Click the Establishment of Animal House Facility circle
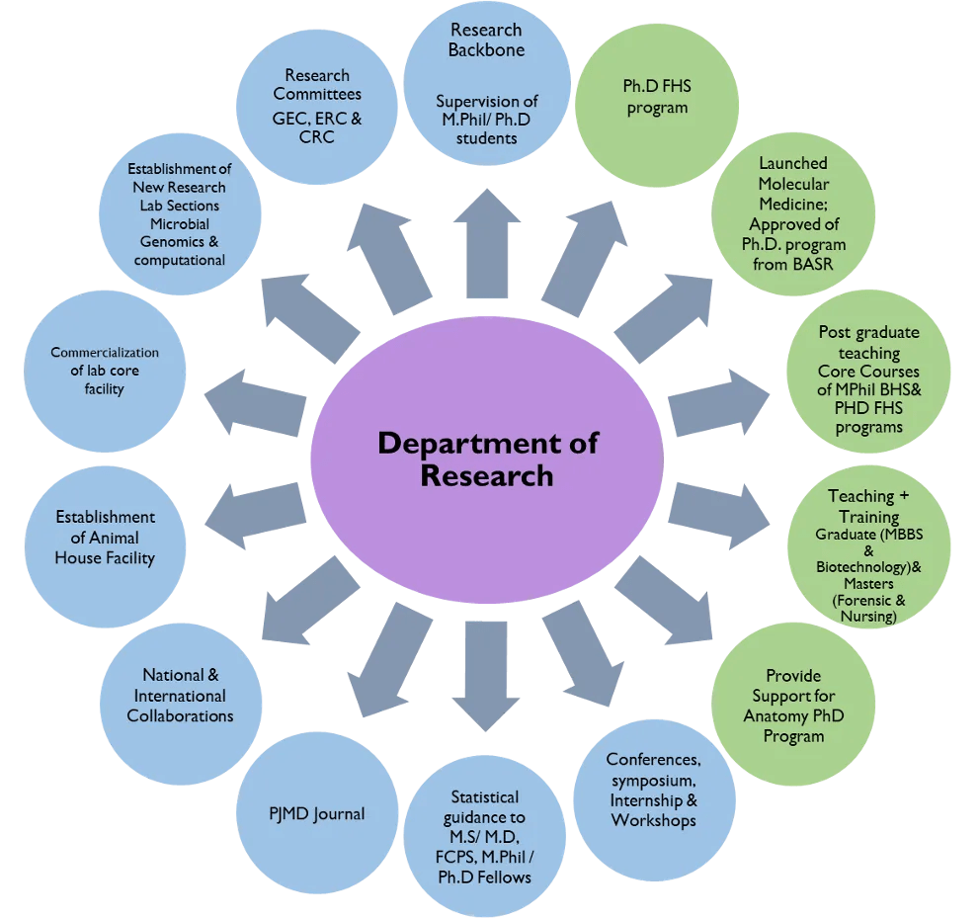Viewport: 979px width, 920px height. pos(106,538)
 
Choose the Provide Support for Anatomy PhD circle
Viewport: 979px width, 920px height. pos(793,706)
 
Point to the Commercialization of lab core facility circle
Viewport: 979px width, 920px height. pos(105,371)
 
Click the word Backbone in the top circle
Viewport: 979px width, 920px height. pos(486,49)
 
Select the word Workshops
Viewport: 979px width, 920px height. pos(653,820)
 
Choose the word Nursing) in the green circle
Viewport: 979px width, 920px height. pos(868,617)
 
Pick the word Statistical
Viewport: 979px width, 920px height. pos(484,796)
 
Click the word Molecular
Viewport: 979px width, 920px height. pos(793,184)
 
